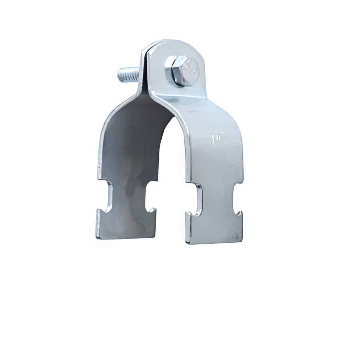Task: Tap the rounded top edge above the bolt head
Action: (x=176, y=44)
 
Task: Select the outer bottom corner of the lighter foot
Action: (x=242, y=240)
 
